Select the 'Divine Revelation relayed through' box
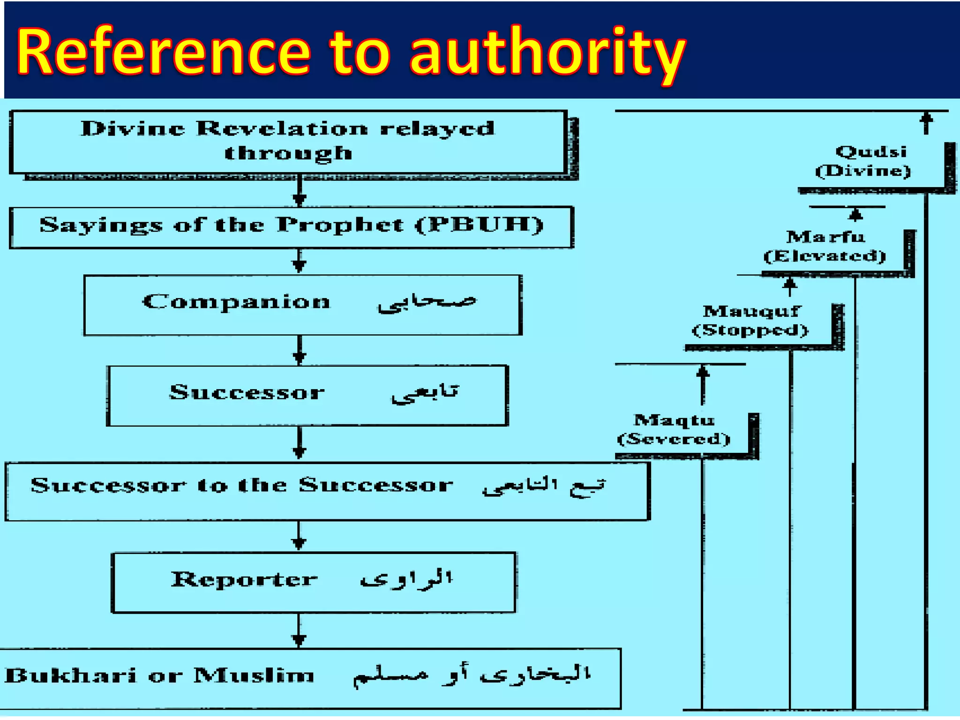288,141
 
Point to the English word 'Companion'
236,301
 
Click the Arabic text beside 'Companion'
427,302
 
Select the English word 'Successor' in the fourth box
247,392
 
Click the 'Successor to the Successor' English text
242,485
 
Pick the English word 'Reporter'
244,579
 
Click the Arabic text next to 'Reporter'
406,579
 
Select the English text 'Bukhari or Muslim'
159,675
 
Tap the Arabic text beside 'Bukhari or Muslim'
472,675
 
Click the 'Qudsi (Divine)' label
863,161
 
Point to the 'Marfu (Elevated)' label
825,246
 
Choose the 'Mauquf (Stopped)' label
750,321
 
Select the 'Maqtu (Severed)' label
674,429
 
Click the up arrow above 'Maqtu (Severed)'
702,384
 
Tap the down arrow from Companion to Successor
300,351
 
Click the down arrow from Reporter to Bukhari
299,631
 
